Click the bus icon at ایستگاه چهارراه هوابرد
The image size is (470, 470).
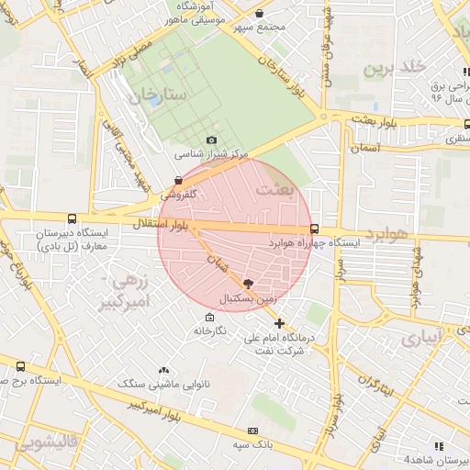click(x=315, y=229)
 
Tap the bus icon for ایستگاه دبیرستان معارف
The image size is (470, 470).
click(x=73, y=218)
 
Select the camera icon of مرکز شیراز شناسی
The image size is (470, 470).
click(x=211, y=140)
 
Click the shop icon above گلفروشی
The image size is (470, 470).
click(x=178, y=181)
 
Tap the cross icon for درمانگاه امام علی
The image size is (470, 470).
click(x=280, y=323)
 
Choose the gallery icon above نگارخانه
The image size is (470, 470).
click(x=209, y=317)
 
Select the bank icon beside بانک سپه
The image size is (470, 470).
click(x=252, y=431)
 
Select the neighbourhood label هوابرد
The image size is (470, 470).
click(x=385, y=235)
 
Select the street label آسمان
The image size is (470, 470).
click(x=364, y=147)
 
